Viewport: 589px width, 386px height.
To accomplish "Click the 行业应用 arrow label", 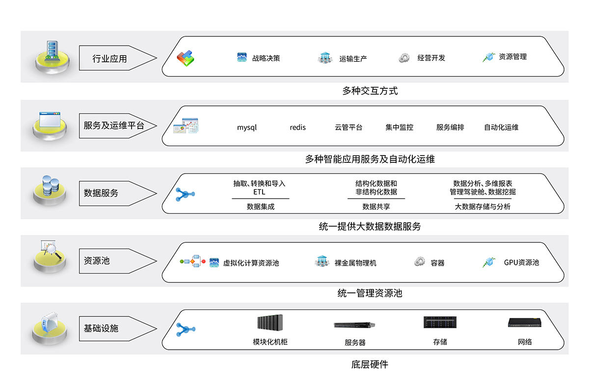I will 110,59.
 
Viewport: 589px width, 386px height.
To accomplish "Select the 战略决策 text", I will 266,58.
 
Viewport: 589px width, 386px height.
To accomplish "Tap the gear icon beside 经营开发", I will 404,58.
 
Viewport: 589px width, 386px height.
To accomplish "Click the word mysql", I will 247,128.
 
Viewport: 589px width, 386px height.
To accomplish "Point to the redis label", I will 297,128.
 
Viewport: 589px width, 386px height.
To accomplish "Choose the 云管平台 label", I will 348,128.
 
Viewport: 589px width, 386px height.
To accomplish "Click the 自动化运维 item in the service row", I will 501,128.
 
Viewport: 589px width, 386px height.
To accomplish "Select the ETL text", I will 259,192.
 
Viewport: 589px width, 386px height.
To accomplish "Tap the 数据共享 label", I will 376,206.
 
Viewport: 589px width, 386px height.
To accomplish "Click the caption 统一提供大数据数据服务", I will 370,227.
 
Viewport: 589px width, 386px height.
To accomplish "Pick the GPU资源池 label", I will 521,262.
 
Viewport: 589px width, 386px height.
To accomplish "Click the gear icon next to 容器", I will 419,262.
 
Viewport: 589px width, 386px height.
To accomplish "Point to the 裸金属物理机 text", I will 355,263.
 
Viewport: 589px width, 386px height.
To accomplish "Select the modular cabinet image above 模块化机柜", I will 271,323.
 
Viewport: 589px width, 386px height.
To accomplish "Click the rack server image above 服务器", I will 354,325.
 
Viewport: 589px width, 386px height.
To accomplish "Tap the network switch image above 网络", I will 525,323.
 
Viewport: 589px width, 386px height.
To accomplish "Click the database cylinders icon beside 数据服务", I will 51,186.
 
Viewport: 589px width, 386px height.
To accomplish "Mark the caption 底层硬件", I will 370,364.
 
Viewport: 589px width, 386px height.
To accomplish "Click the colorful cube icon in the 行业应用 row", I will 186,59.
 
